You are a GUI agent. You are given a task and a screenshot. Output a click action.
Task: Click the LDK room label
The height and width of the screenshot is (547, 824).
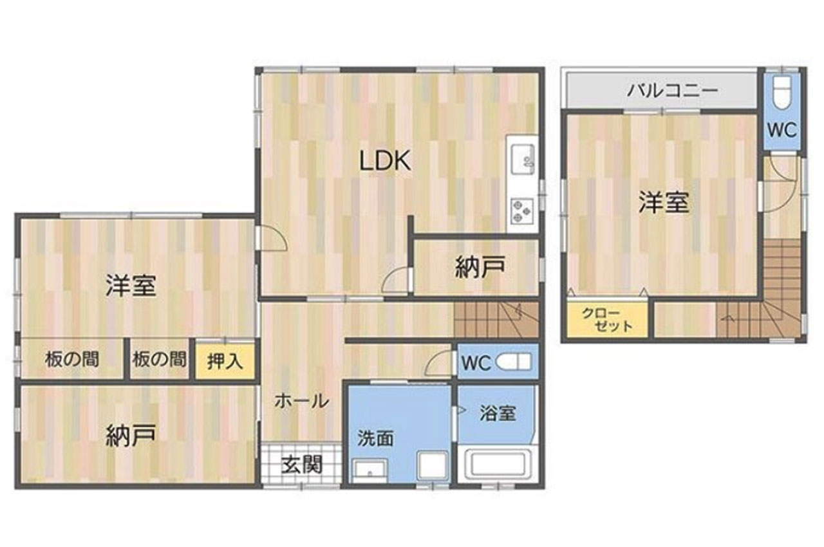[384, 161]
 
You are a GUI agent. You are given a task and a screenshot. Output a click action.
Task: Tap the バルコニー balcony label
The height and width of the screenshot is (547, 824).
[673, 90]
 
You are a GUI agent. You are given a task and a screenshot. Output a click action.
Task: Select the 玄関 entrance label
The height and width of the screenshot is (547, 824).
[302, 465]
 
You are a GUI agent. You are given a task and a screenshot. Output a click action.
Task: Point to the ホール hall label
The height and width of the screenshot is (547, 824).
[302, 401]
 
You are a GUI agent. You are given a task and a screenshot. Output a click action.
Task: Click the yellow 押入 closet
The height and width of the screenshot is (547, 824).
[225, 360]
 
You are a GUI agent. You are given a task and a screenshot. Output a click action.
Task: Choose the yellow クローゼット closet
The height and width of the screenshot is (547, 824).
[607, 319]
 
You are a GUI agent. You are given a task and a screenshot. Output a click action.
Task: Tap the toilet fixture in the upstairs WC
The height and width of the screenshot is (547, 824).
[782, 92]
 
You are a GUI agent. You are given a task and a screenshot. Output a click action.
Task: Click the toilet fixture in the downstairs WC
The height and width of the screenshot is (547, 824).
[514, 362]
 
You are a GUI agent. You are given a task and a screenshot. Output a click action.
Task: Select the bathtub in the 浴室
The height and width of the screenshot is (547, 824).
[498, 464]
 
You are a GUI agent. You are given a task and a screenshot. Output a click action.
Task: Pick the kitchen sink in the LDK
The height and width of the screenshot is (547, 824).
[523, 160]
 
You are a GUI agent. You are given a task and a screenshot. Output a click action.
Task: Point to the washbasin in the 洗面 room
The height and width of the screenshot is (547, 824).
[370, 470]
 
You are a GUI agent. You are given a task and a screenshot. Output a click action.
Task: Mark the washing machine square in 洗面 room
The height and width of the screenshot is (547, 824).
[433, 465]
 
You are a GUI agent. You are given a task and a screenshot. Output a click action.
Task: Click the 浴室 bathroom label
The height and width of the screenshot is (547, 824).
[498, 413]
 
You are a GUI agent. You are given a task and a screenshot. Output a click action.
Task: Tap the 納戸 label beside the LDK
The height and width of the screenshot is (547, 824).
[480, 267]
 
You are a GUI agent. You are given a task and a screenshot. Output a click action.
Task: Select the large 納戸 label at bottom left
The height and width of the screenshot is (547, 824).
[131, 436]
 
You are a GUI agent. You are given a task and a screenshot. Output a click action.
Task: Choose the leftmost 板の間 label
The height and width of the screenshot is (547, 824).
[72, 360]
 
